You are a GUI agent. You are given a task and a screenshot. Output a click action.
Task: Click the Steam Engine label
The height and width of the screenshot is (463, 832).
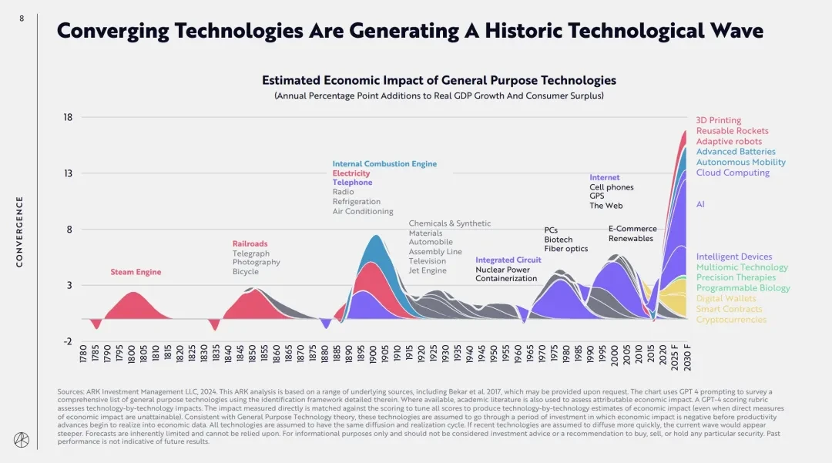tap(136, 272)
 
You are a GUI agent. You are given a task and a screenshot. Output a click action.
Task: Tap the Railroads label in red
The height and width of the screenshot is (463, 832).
tap(250, 243)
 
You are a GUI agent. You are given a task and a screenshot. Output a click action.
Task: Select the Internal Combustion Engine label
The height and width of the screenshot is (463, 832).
tap(384, 164)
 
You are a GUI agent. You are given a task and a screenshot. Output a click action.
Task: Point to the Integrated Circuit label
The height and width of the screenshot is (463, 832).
tap(508, 260)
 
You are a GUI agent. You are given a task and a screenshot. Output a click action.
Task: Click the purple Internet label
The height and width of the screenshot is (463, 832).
tap(605, 178)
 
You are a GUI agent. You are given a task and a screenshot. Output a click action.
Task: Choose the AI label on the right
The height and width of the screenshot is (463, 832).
tap(700, 204)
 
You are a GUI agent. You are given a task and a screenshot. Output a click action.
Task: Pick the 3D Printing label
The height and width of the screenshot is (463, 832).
tap(718, 120)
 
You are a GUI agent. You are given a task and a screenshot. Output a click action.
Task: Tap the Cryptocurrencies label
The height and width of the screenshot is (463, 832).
tap(731, 320)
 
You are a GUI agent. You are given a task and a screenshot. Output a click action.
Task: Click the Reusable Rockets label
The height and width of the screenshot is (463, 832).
tap(732, 131)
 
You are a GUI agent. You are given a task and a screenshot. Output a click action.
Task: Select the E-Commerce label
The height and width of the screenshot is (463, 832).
tap(632, 229)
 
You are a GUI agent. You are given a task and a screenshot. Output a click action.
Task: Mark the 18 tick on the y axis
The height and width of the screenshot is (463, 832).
tap(68, 118)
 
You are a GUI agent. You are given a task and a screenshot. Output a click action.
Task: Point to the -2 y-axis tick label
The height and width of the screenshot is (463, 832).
tap(68, 341)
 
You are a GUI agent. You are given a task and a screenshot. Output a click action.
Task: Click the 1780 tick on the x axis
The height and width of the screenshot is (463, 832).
tap(83, 355)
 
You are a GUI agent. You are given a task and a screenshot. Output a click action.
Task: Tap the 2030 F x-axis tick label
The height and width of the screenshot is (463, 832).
tap(686, 358)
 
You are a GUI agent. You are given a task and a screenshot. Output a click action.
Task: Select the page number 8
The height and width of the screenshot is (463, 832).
tap(22, 18)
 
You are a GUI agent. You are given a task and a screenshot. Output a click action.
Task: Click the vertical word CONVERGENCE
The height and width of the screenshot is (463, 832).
tap(20, 231)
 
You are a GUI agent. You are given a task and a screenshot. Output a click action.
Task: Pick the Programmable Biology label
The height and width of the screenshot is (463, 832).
tap(743, 288)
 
